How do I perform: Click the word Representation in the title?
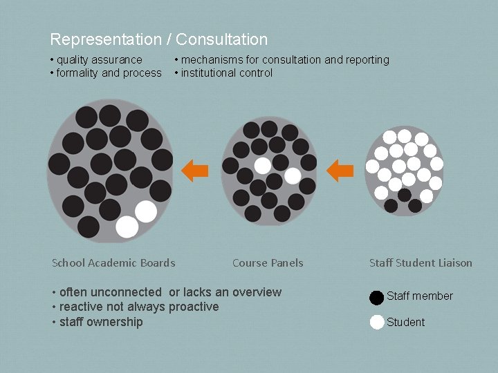pos(103,39)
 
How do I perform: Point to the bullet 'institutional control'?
pos(226,73)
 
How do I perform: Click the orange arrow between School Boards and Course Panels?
pos(195,169)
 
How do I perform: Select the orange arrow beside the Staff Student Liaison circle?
pos(340,169)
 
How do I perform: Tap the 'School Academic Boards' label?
pos(113,262)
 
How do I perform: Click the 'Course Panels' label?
pos(268,262)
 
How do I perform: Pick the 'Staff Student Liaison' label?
pos(421,262)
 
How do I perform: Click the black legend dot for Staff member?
pos(376,297)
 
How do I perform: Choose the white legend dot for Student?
pos(377,322)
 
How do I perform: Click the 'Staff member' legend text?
pos(420,296)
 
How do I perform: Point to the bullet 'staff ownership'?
pos(100,322)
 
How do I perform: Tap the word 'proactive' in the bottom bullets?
pos(194,307)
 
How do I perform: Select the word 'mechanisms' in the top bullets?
pos(210,60)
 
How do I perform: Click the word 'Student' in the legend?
pos(406,323)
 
